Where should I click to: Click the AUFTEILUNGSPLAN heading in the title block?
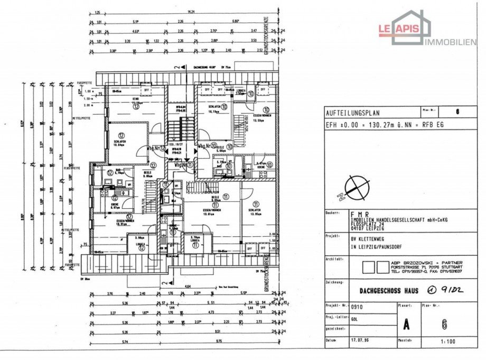[352, 113]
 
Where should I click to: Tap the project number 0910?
[357, 306]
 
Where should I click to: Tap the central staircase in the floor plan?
[180, 131]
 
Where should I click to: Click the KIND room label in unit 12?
[135, 99]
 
